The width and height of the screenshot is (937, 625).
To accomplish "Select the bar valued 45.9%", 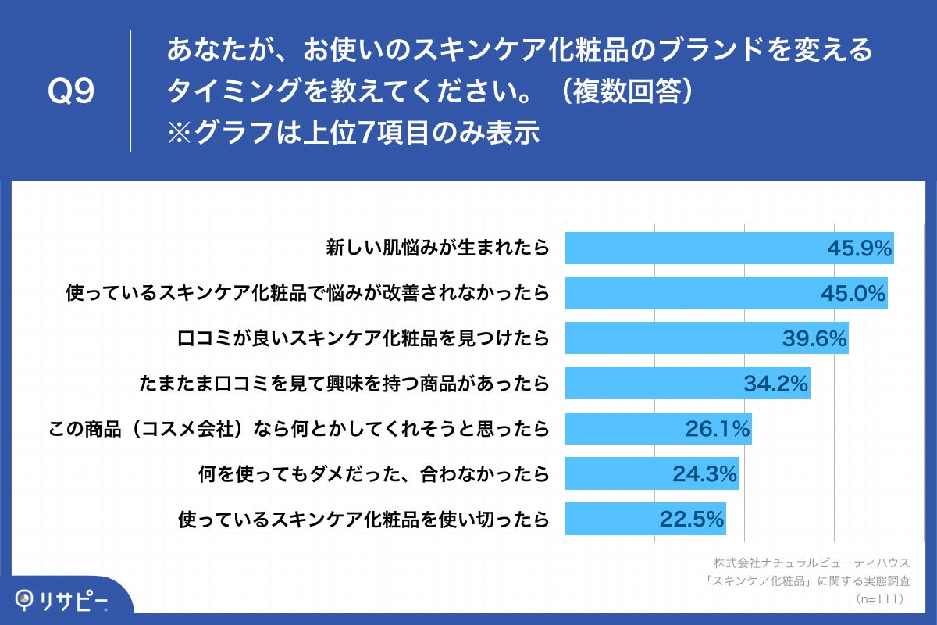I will pyautogui.click(x=729, y=248).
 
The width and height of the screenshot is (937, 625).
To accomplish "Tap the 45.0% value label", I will pyautogui.click(x=853, y=294).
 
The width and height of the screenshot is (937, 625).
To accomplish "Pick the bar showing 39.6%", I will pyautogui.click(x=706, y=338).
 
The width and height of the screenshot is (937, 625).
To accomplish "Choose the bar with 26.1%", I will pyautogui.click(x=657, y=428).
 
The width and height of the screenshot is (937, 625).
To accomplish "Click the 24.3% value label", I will pyautogui.click(x=705, y=473).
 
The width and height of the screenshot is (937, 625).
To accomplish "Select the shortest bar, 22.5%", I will pyautogui.click(x=645, y=519).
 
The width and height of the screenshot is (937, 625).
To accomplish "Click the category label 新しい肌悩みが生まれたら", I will pyautogui.click(x=437, y=248).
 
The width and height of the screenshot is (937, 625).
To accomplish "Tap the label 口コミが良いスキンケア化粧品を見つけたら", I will pyautogui.click(x=363, y=338).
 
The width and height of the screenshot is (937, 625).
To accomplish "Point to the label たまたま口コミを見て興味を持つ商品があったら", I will pyautogui.click(x=344, y=384).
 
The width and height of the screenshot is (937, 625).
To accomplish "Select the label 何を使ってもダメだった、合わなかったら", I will pyautogui.click(x=374, y=473).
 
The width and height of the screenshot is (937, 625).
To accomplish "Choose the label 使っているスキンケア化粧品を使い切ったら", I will pyautogui.click(x=363, y=519).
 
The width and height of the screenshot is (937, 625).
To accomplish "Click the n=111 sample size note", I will pyautogui.click(x=879, y=598).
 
